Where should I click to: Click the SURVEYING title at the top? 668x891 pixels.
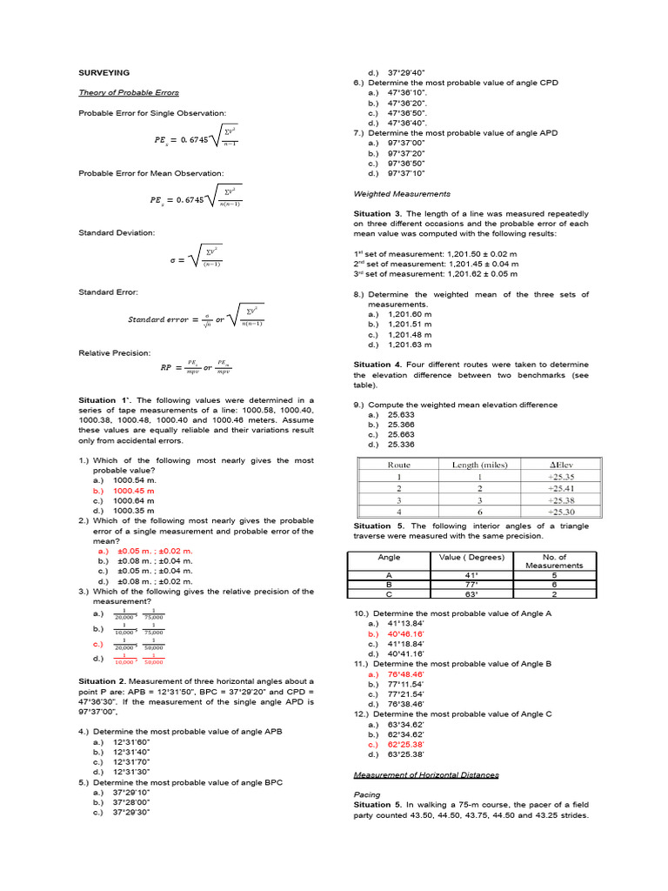point(104,73)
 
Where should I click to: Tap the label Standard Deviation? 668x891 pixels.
point(117,233)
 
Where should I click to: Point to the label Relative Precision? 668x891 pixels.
point(115,353)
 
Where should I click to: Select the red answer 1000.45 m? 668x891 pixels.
point(134,491)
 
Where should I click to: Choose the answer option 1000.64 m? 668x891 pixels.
point(134,500)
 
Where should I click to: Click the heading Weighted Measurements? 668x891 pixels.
point(402,193)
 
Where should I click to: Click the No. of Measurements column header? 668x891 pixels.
point(555,561)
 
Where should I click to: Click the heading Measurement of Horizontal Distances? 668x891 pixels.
point(426,774)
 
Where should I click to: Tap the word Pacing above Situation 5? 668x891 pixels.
point(367,794)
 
